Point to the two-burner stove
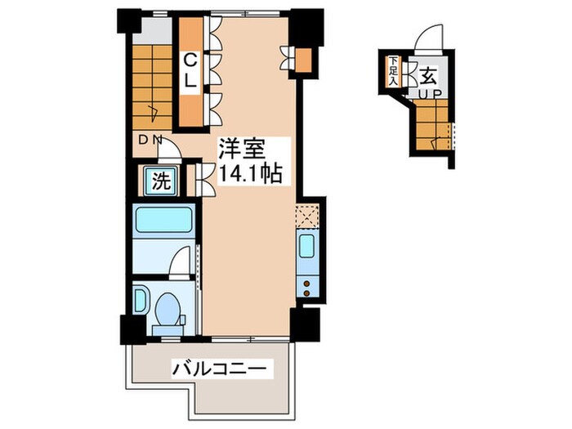[x=309, y=285]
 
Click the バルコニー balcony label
[x=218, y=369]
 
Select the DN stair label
[x=150, y=140]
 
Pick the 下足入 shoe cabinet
[x=394, y=71]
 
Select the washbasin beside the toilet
[x=141, y=298]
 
